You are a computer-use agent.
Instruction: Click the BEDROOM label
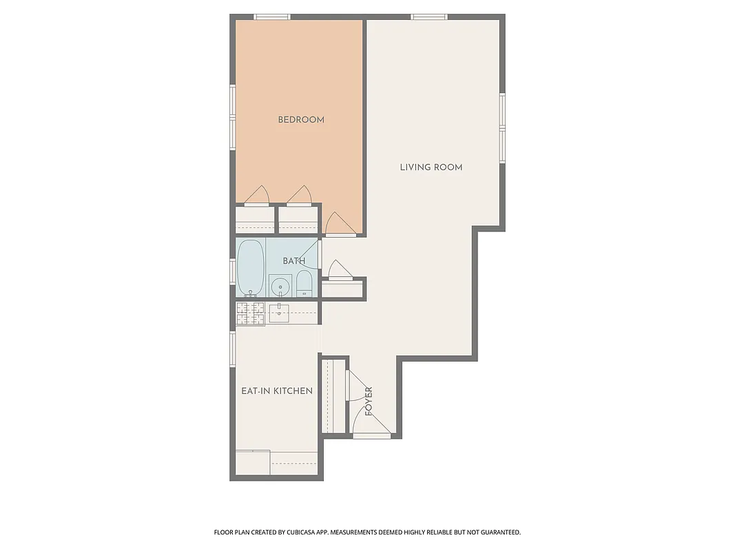click(301, 120)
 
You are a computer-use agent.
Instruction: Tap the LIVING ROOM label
click(431, 167)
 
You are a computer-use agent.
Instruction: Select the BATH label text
click(293, 261)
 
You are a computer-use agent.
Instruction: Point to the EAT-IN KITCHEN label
click(277, 391)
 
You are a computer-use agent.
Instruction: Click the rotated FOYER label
click(369, 401)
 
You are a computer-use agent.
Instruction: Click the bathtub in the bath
click(251, 267)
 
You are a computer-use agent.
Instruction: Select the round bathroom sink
click(280, 285)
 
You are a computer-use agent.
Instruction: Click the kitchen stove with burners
click(250, 314)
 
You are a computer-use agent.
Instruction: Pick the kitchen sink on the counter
click(278, 314)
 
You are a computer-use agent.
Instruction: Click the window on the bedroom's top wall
click(271, 17)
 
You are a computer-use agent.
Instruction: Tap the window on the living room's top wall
click(429, 17)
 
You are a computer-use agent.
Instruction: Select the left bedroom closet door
click(256, 198)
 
